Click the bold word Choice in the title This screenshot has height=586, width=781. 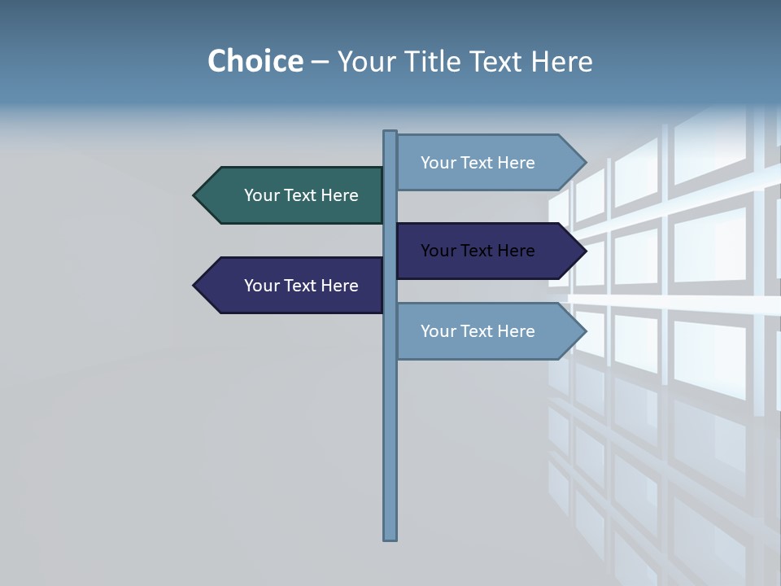click(x=255, y=61)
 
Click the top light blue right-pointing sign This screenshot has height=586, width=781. click(x=480, y=163)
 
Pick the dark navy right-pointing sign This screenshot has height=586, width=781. click(x=480, y=251)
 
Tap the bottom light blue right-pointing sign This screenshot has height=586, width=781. click(x=480, y=331)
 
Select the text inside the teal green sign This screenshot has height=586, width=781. click(x=301, y=195)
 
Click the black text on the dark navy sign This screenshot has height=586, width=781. click(x=478, y=251)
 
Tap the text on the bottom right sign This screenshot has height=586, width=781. click(x=478, y=331)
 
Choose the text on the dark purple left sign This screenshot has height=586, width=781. click(x=301, y=286)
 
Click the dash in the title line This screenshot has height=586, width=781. click(x=320, y=62)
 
